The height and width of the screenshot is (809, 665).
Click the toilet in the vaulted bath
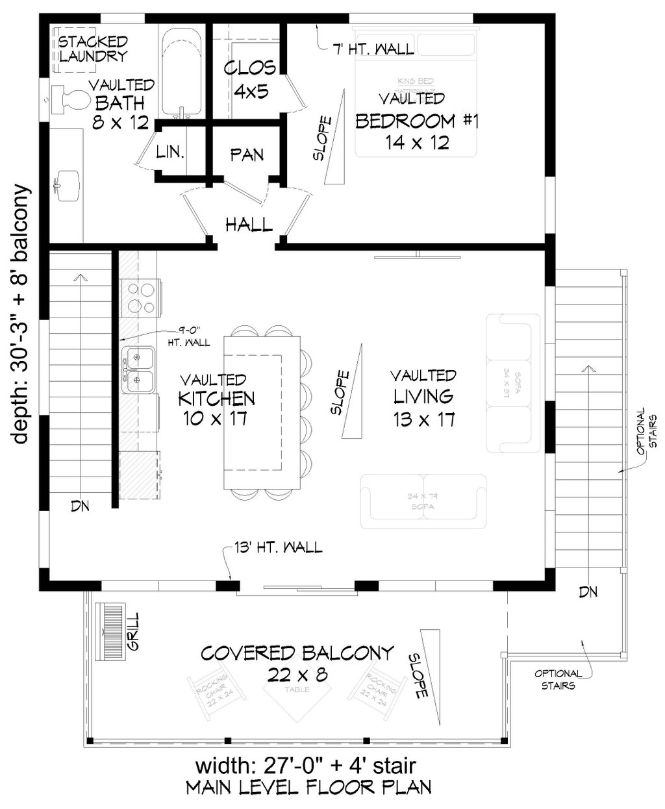(x=69, y=99)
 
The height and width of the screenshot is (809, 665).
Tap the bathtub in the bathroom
(x=182, y=71)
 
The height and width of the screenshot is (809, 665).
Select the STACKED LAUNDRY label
(x=93, y=49)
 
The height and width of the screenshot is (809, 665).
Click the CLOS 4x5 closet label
(x=249, y=79)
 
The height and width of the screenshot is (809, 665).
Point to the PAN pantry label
(x=247, y=155)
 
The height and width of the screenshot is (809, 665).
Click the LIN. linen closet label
(x=171, y=153)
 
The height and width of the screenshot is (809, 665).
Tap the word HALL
(x=249, y=225)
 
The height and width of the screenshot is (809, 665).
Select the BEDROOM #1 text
(x=416, y=121)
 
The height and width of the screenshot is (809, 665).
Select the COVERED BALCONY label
(x=297, y=653)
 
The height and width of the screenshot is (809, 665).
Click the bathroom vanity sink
(x=66, y=181)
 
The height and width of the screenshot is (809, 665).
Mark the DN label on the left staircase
(x=80, y=505)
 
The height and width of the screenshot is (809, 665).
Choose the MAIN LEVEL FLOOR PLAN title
(x=308, y=788)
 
